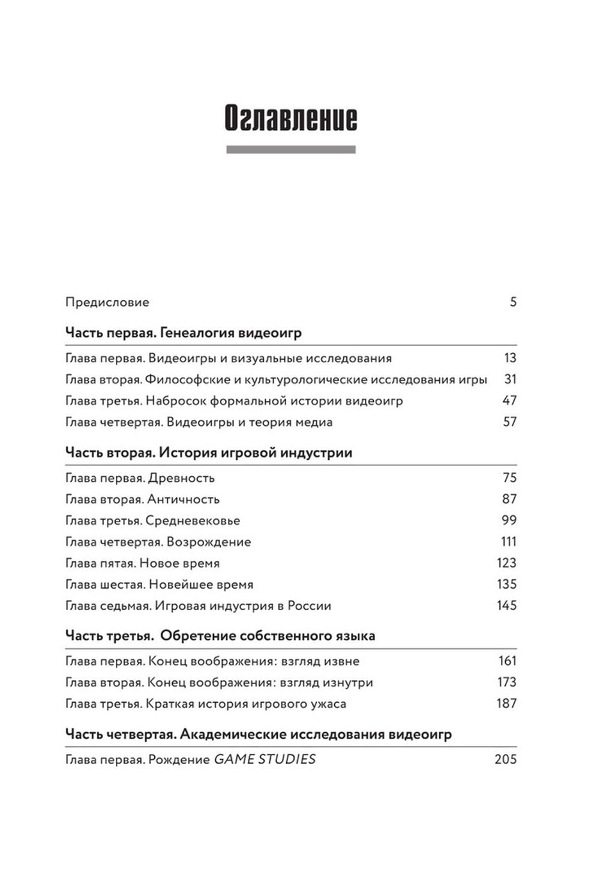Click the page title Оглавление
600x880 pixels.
pyautogui.click(x=290, y=118)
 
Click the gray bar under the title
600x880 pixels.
pyautogui.click(x=290, y=150)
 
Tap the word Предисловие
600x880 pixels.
pyautogui.click(x=107, y=302)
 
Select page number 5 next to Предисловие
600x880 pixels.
pyautogui.click(x=513, y=302)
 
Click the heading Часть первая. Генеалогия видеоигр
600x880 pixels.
pyautogui.click(x=183, y=333)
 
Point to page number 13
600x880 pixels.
pyautogui.click(x=510, y=358)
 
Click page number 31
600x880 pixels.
pyautogui.click(x=510, y=379)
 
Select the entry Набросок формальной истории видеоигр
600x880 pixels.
pyautogui.click(x=274, y=401)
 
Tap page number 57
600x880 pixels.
pyautogui.click(x=509, y=422)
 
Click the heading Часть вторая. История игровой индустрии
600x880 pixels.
pyautogui.click(x=208, y=453)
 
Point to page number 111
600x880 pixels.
pyautogui.click(x=508, y=542)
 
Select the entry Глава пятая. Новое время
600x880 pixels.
pyautogui.click(x=142, y=563)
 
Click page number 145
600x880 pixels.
pyautogui.click(x=506, y=605)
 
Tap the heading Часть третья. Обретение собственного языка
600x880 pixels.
pyautogui.click(x=220, y=636)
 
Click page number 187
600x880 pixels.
pyautogui.click(x=506, y=703)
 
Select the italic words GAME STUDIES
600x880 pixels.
pyautogui.click(x=265, y=759)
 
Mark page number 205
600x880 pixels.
pyautogui.click(x=505, y=759)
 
